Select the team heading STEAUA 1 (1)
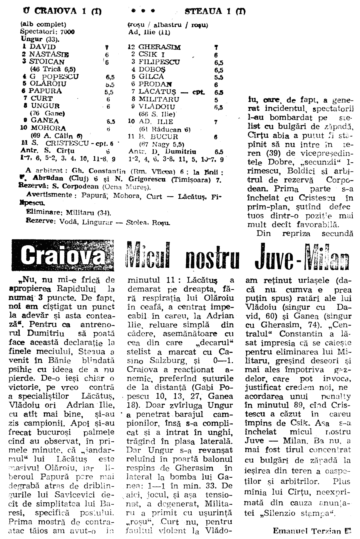215,11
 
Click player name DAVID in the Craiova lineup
43,47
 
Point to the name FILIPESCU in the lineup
159,62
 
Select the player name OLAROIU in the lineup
48,84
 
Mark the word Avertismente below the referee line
49,195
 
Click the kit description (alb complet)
43,25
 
